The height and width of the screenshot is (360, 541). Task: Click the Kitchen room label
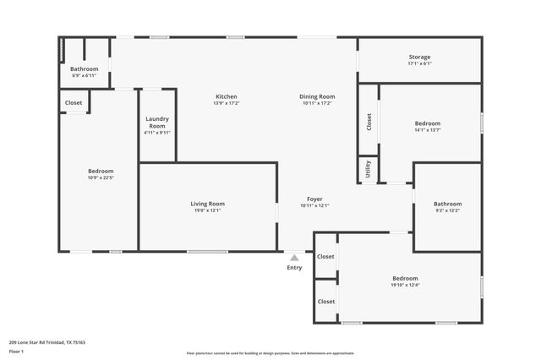(x=226, y=96)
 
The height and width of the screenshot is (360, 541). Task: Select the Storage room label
(x=419, y=57)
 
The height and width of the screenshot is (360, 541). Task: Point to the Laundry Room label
(x=157, y=123)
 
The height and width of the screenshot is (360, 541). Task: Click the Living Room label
(x=207, y=204)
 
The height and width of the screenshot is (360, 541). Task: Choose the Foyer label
(x=314, y=199)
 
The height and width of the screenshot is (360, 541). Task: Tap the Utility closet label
(x=368, y=168)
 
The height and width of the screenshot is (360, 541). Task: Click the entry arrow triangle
(x=293, y=258)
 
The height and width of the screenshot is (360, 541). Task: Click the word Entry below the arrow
(x=294, y=268)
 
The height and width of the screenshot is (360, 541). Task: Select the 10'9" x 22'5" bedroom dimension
(x=100, y=177)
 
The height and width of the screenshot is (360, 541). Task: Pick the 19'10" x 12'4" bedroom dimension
(x=405, y=285)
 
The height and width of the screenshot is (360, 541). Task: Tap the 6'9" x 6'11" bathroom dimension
(x=84, y=76)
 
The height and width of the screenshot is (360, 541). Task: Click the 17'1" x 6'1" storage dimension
(x=419, y=63)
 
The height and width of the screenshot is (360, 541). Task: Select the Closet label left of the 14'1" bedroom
(x=369, y=122)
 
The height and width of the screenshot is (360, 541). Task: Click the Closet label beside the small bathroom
(x=74, y=103)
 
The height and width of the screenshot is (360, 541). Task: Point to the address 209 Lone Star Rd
(x=47, y=342)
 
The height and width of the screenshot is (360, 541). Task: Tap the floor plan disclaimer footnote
(x=270, y=353)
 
